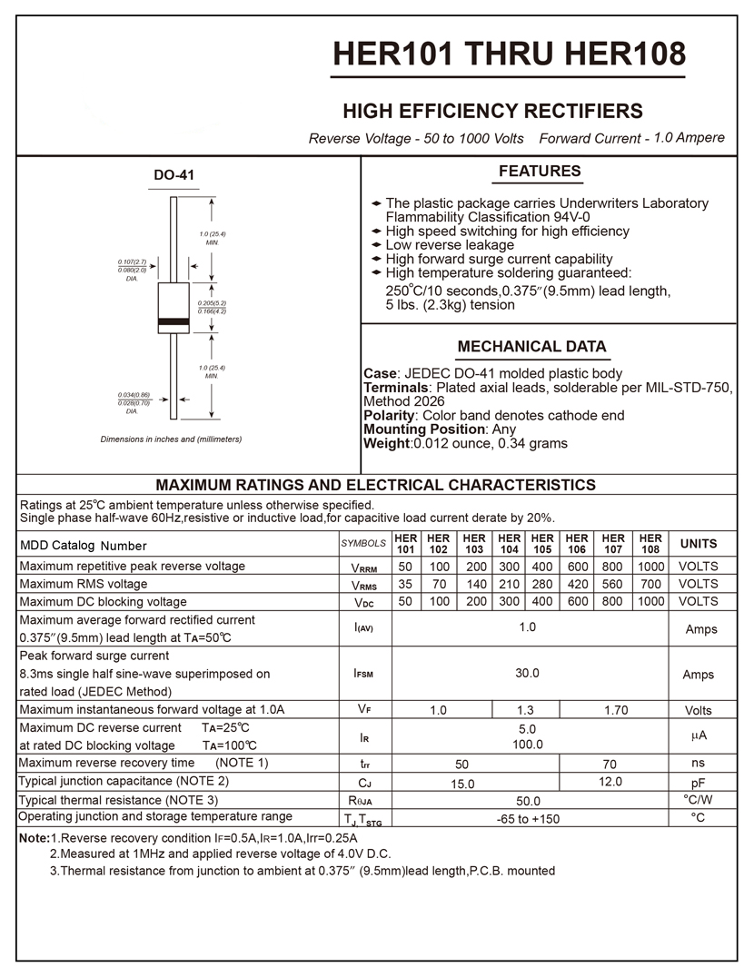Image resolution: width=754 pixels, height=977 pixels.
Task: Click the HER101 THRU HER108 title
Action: (x=510, y=54)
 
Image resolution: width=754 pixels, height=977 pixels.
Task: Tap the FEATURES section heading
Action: (x=540, y=172)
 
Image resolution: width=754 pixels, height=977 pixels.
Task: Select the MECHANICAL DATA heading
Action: (x=531, y=347)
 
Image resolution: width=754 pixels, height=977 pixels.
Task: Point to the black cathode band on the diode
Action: (x=173, y=322)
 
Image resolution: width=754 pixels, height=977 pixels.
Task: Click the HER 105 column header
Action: (x=542, y=544)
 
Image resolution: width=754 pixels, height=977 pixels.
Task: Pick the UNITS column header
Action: (x=698, y=544)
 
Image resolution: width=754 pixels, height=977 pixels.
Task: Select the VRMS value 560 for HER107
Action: (x=612, y=584)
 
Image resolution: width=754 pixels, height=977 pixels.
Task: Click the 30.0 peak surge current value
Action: (x=527, y=674)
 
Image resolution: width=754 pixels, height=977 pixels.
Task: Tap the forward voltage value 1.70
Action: (x=616, y=710)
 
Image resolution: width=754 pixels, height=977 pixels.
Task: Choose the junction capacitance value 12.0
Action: (x=610, y=782)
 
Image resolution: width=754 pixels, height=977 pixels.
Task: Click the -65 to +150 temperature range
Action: (x=528, y=819)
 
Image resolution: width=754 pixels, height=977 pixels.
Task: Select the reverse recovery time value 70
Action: (x=610, y=764)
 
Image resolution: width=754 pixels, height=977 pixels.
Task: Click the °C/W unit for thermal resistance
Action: (x=698, y=800)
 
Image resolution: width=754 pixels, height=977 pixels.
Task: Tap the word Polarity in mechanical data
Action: (x=388, y=416)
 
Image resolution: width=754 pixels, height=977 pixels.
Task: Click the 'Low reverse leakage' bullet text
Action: (x=450, y=245)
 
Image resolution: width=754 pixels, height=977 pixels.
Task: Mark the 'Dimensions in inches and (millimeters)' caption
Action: (x=171, y=439)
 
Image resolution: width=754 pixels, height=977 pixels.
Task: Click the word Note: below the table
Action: (x=34, y=838)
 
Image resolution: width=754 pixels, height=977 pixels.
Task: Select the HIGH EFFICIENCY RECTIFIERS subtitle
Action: (x=492, y=112)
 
